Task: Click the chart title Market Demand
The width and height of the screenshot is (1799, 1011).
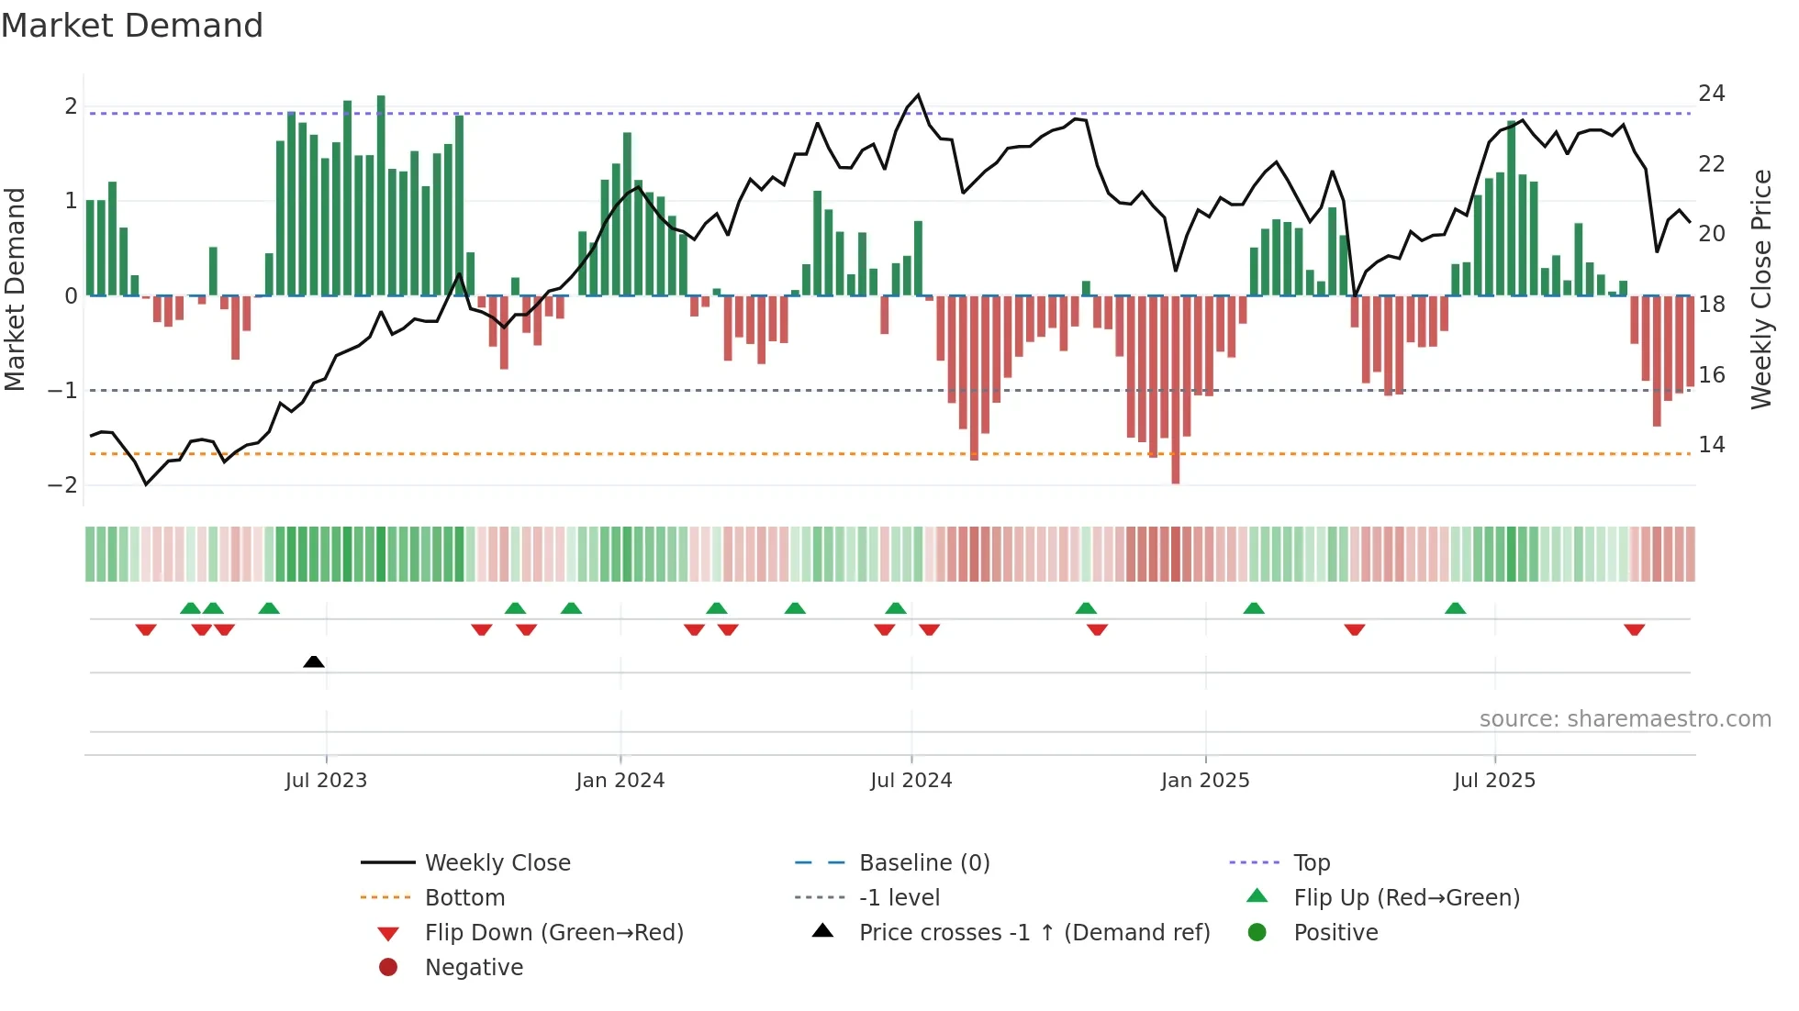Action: pyautogui.click(x=132, y=26)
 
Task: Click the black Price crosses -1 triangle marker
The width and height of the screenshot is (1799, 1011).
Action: pyautogui.click(x=314, y=661)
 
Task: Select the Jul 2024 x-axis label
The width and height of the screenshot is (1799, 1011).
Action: pyautogui.click(x=911, y=781)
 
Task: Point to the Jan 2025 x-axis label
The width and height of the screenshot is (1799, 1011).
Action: pyautogui.click(x=1204, y=781)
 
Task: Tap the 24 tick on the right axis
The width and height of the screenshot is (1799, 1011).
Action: pyautogui.click(x=1711, y=94)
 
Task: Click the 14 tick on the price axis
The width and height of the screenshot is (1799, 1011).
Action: pyautogui.click(x=1711, y=445)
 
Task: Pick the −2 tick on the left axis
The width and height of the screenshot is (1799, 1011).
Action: pyautogui.click(x=62, y=485)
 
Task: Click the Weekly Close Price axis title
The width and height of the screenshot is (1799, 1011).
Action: pyautogui.click(x=1760, y=289)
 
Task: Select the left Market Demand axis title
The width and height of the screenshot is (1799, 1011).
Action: pyautogui.click(x=16, y=289)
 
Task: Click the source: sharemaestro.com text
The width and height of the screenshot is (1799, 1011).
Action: pyautogui.click(x=1625, y=719)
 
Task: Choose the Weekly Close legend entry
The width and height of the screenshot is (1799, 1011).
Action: pyautogui.click(x=497, y=863)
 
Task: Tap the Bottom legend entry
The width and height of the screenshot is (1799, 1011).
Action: pyautogui.click(x=464, y=898)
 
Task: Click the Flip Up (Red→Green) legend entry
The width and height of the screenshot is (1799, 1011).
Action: pyautogui.click(x=1406, y=898)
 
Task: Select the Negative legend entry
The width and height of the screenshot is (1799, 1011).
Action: pyautogui.click(x=474, y=968)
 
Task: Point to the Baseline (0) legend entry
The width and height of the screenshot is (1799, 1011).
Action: pyautogui.click(x=923, y=863)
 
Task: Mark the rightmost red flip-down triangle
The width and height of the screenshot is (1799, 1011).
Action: pyautogui.click(x=1634, y=629)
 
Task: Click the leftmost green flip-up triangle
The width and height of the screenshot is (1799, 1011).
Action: pyautogui.click(x=190, y=608)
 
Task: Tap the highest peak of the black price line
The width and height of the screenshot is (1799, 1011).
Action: pyautogui.click(x=918, y=94)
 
